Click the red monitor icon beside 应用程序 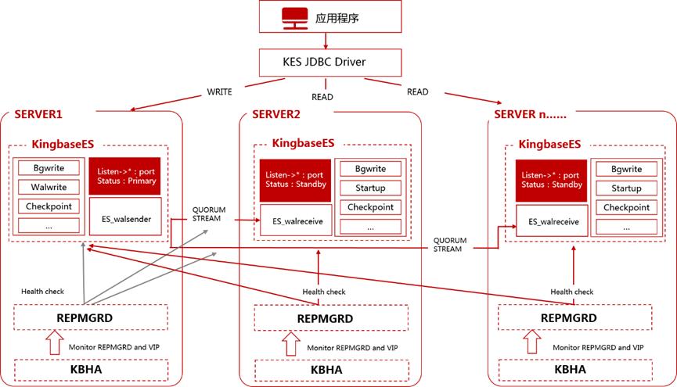[x=295, y=19]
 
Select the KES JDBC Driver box [x=330, y=62]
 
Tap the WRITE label [x=219, y=92]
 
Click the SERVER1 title [x=38, y=114]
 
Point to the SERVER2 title [x=276, y=114]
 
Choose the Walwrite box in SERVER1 [x=49, y=187]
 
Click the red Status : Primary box [x=124, y=176]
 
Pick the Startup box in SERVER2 [x=370, y=188]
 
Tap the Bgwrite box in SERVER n [x=626, y=169]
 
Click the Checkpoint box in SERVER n [x=626, y=207]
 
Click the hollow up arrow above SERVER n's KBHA [x=532, y=342]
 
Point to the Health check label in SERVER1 [x=42, y=292]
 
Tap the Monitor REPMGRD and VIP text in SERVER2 [x=352, y=348]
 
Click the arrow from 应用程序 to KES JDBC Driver [x=326, y=41]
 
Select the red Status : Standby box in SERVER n [x=551, y=181]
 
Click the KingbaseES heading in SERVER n [x=549, y=144]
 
